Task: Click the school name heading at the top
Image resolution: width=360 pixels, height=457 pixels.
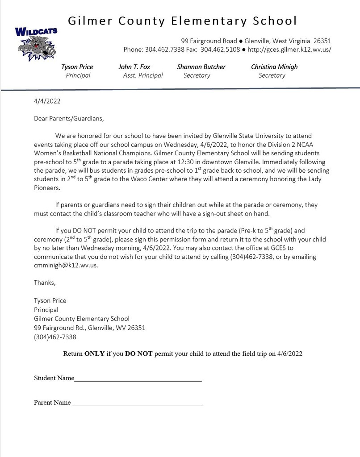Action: coord(182,21)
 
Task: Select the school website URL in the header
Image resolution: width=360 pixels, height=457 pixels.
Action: coord(290,49)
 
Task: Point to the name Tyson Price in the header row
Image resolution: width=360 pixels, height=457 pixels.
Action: coord(77,67)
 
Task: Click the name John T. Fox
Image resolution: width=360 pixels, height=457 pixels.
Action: coord(134,67)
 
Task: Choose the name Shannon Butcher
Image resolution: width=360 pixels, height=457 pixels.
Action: coord(201,67)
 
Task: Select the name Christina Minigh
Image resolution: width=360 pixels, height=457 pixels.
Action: coord(274,67)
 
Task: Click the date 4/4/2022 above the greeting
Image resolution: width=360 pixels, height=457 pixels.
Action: coord(47,101)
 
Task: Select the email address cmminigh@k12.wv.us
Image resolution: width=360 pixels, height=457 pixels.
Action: coord(65,265)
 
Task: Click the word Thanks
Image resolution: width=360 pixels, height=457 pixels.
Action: coord(45,283)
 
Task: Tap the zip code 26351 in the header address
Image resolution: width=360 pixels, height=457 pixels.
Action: coord(322,41)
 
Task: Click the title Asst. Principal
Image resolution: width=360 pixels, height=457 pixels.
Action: coord(143,75)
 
